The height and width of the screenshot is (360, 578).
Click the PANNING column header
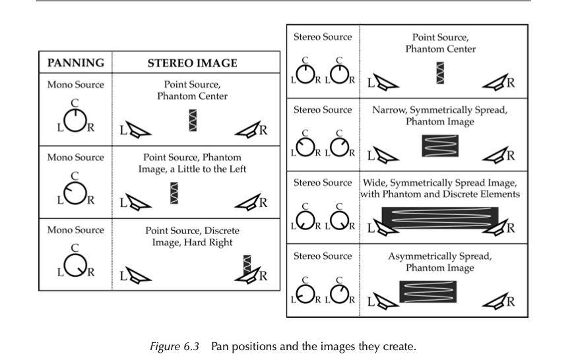coord(75,63)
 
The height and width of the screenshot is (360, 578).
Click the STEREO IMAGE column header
coord(191,63)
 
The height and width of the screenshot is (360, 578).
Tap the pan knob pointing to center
coord(75,121)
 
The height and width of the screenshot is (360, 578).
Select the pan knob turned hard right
coord(75,267)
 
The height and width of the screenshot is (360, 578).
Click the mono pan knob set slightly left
coord(75,194)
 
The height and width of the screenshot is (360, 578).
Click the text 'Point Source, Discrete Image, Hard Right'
coord(192,237)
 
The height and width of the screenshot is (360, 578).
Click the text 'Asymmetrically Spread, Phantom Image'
coord(439,262)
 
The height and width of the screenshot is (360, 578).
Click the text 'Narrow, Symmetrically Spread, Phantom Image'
coord(439,115)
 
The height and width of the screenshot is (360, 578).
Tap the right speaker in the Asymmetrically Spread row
coord(495,301)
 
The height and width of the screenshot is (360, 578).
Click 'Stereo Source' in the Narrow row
coord(323,109)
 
